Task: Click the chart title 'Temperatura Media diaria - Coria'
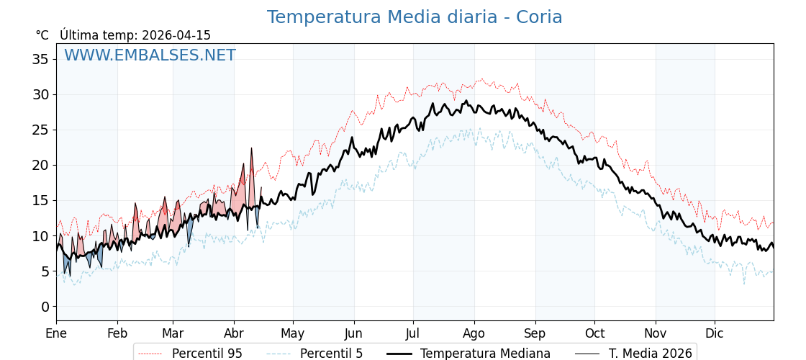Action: point(415,17)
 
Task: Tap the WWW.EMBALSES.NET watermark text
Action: point(150,55)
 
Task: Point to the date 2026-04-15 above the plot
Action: point(176,35)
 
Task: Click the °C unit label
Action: point(42,35)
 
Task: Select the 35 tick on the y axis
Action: point(40,59)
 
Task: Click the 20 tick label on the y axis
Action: point(40,165)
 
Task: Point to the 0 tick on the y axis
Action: point(45,307)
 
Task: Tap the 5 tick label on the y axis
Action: point(45,271)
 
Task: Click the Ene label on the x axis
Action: point(56,333)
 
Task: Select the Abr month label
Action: point(234,333)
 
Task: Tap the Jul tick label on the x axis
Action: point(413,333)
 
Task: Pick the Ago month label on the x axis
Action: point(474,333)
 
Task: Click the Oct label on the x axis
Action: point(594,333)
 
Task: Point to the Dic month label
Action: point(715,333)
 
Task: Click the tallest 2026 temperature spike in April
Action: point(251,148)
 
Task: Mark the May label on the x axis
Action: point(293,333)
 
